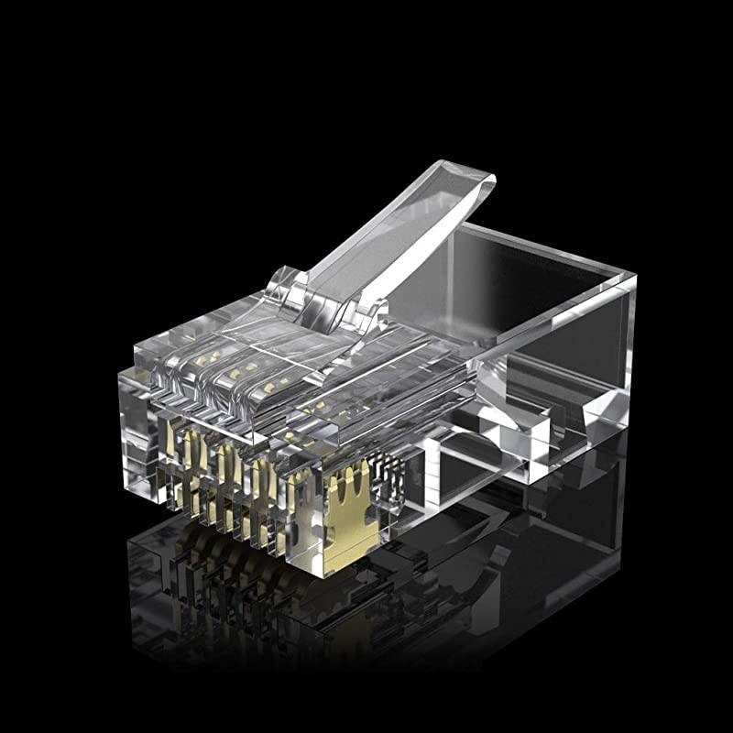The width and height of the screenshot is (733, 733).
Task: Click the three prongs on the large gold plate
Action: pyautogui.click(x=352, y=481)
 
